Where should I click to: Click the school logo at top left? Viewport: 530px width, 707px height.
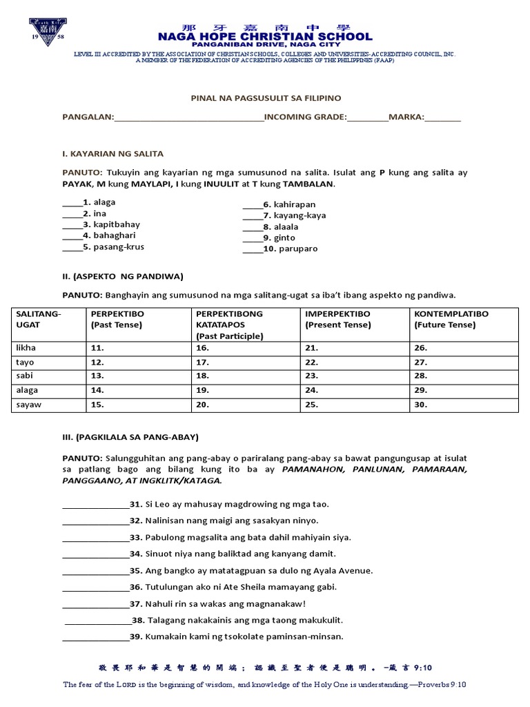pyautogui.click(x=47, y=31)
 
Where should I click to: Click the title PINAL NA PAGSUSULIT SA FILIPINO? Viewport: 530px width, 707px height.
pyautogui.click(x=266, y=99)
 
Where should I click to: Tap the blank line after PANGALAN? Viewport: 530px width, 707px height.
pyautogui.click(x=189, y=118)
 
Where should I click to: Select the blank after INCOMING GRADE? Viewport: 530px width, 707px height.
pyautogui.click(x=368, y=118)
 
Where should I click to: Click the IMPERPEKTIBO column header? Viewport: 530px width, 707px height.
pyautogui.click(x=337, y=313)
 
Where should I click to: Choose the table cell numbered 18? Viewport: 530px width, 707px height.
pyautogui.click(x=202, y=376)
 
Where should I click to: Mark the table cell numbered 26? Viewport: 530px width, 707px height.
pyautogui.click(x=420, y=348)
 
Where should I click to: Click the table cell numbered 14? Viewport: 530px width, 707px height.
pyautogui.click(x=97, y=391)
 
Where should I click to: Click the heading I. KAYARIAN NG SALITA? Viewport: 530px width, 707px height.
pyautogui.click(x=113, y=153)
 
